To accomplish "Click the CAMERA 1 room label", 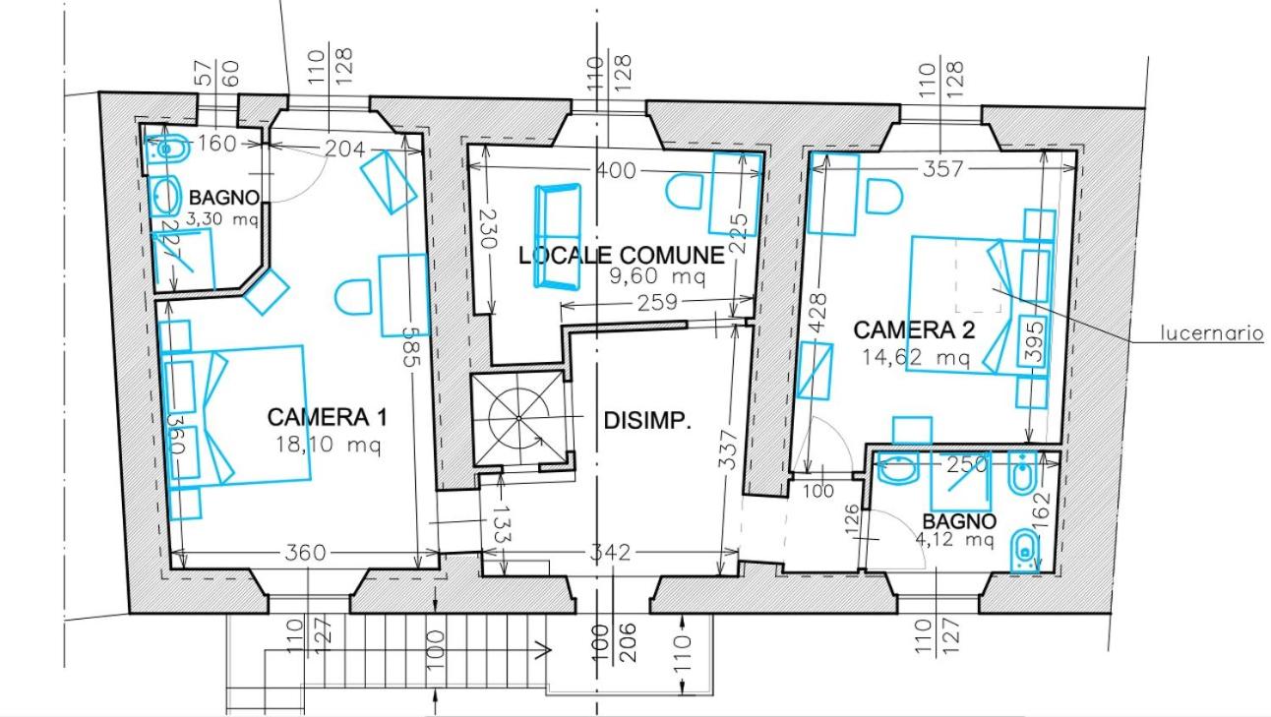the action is click(328, 417).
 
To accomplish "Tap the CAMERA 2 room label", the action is click(914, 330).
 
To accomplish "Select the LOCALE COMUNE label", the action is click(622, 256).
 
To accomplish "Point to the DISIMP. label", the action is click(647, 421).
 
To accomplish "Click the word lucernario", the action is click(1212, 332).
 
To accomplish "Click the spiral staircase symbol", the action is click(518, 419).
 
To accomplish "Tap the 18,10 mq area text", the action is click(328, 445).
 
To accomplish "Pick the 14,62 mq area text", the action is click(916, 357).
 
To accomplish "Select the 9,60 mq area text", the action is click(657, 276).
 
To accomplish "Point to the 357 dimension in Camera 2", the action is click(943, 168).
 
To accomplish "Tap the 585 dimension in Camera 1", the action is click(412, 346).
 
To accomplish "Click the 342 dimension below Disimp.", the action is click(611, 552).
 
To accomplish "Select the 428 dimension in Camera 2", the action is click(817, 313).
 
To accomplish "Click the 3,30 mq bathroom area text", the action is click(222, 219).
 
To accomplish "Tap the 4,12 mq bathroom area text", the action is click(955, 539).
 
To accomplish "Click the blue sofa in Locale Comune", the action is click(557, 236).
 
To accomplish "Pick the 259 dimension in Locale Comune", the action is click(657, 302).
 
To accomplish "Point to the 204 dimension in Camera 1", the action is click(345, 149).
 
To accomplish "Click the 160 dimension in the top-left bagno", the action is click(216, 144).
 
